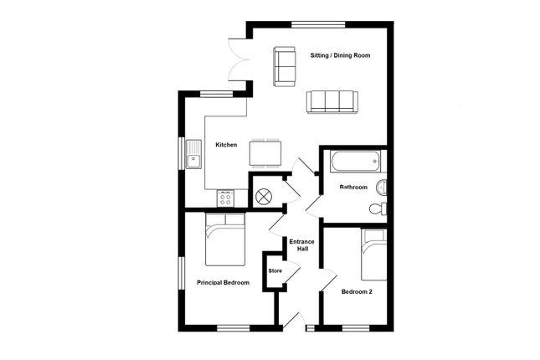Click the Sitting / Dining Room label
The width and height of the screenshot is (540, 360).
[340, 55]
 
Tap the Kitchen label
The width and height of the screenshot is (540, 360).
[226, 145]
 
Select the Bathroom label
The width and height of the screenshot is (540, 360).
[353, 187]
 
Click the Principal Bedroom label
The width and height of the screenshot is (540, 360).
[224, 282]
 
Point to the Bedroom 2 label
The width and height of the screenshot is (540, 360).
[357, 292]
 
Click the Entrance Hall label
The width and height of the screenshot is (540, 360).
[301, 245]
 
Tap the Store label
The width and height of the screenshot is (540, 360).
[275, 270]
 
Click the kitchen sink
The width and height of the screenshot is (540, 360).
[193, 154]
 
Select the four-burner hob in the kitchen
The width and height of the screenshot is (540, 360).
[225, 198]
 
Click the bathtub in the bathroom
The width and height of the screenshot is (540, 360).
[356, 161]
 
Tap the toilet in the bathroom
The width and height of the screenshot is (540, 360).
[378, 208]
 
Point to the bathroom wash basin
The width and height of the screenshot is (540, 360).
[381, 187]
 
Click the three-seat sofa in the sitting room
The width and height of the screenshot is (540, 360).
[332, 101]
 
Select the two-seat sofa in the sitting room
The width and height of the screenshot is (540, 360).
[285, 66]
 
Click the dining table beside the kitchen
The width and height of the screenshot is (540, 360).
[265, 153]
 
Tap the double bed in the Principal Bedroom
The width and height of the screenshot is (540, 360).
[225, 239]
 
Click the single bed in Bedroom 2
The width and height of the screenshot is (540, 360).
[374, 255]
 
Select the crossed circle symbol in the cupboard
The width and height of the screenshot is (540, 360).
[264, 197]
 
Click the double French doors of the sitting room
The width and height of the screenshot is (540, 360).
[239, 60]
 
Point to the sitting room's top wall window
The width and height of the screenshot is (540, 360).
[318, 24]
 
